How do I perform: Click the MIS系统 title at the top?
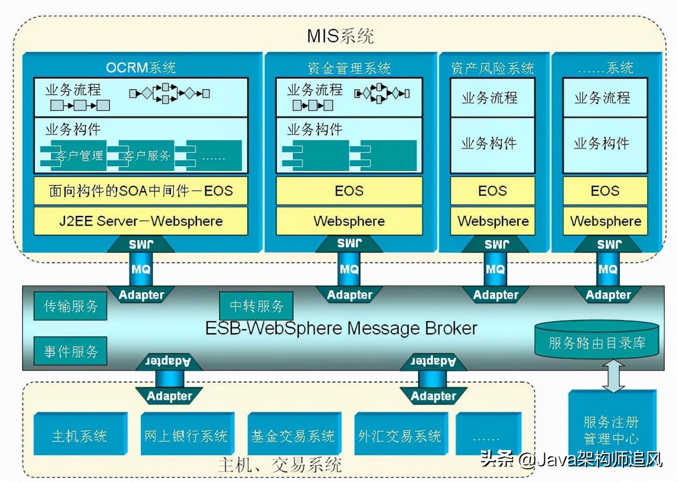(340, 37)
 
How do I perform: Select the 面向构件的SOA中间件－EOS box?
(140, 191)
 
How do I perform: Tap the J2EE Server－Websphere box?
(140, 221)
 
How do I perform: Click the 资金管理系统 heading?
(349, 68)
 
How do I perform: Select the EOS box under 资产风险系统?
(493, 191)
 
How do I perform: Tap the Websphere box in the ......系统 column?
(605, 221)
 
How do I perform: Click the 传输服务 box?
(70, 306)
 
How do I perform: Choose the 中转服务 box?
(256, 306)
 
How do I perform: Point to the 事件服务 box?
(70, 351)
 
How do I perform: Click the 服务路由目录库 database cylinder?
(596, 343)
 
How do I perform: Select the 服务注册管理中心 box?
(611, 430)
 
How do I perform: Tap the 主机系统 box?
(80, 435)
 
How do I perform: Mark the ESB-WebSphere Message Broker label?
(341, 328)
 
